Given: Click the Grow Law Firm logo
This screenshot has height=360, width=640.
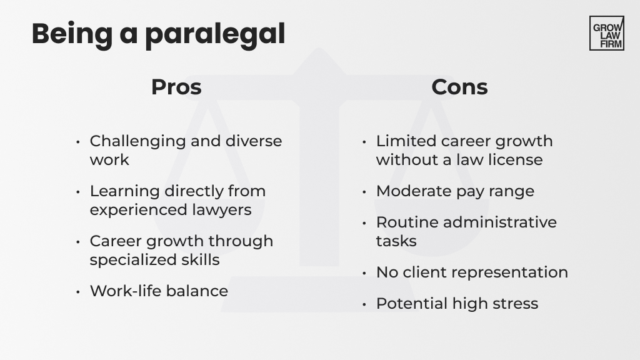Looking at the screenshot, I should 606,33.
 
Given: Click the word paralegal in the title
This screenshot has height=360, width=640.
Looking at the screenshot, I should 215,34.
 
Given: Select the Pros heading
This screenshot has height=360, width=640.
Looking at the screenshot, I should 176,87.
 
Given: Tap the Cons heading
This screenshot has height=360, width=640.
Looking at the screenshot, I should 459,87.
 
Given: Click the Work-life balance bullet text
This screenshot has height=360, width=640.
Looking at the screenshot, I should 159,291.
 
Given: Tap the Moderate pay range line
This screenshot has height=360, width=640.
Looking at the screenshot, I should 455,191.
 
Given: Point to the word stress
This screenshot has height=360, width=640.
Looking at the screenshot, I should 514,304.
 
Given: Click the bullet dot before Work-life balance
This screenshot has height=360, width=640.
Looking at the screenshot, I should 78,292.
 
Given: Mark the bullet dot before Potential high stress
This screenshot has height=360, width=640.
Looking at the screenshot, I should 364,304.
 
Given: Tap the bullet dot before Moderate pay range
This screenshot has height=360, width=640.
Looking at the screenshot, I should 364,192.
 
